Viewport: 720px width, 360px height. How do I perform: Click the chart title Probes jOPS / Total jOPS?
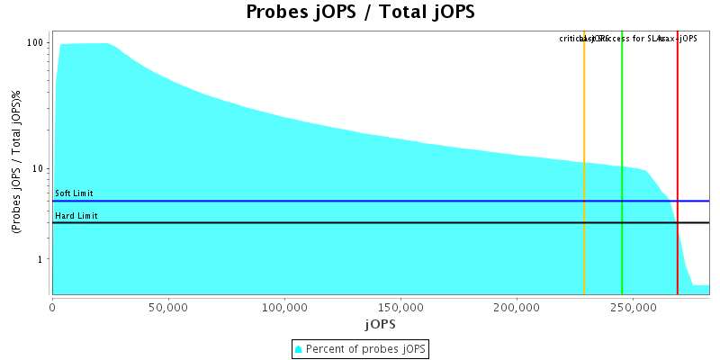click(360, 13)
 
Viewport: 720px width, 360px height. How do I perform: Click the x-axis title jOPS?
click(380, 323)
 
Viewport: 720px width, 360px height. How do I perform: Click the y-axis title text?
click(17, 163)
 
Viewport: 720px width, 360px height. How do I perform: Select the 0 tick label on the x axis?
click(53, 306)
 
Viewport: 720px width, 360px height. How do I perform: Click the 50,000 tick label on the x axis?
click(168, 306)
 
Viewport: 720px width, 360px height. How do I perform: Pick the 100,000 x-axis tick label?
click(284, 306)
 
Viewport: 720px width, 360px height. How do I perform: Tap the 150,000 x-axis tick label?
click(400, 306)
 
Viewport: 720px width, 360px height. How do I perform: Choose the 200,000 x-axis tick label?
click(517, 306)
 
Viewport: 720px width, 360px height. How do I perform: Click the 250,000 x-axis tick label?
click(633, 306)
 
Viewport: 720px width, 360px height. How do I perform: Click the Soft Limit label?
click(74, 193)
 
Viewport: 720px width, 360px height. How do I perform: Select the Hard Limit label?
click(76, 216)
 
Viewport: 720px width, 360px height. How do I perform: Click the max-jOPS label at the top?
click(679, 39)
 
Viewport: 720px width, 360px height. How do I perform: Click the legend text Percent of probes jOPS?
click(366, 348)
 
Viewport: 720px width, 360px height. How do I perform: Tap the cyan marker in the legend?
click(299, 348)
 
